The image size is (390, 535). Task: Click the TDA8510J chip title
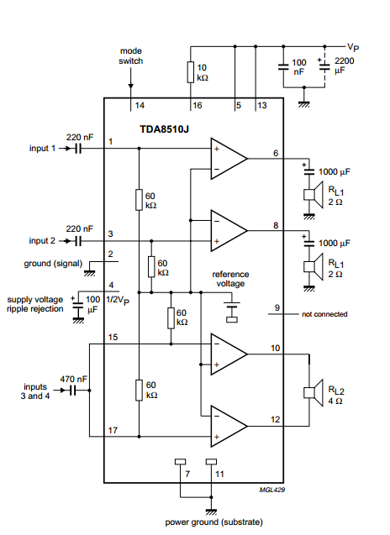164,129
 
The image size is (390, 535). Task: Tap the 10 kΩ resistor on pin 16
191,72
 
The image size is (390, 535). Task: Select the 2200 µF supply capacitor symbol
324,66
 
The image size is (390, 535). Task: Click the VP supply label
353,47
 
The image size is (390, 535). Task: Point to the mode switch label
131,56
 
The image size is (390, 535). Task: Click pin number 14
140,105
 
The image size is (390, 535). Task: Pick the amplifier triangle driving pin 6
229,159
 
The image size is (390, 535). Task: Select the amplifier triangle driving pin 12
229,426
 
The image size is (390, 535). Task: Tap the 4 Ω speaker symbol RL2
314,393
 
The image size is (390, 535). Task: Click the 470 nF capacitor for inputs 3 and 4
73,391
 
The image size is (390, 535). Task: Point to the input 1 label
42,149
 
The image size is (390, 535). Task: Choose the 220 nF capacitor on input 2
78,241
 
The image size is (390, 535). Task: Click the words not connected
324,314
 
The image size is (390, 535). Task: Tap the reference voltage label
230,279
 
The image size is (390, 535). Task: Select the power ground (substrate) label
214,522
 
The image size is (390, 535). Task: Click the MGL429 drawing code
271,490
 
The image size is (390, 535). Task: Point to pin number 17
113,430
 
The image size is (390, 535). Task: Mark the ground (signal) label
53,264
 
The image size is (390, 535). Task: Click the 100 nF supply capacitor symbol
283,67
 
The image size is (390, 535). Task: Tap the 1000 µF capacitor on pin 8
309,242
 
